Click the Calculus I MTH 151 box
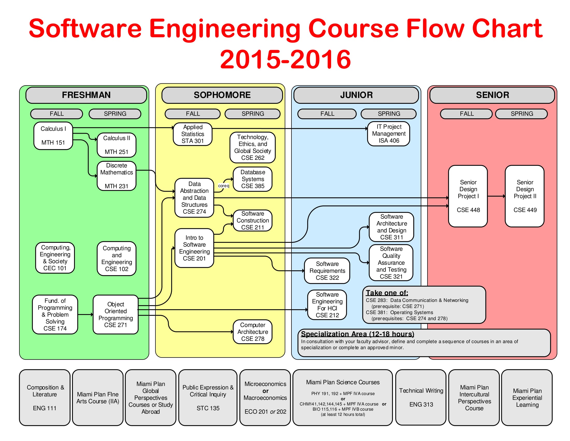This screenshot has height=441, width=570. point(53,136)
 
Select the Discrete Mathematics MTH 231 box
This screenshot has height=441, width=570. point(116,176)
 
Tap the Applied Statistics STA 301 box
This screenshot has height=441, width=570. point(193,134)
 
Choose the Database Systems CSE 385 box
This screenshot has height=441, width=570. point(252,179)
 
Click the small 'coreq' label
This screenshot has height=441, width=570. point(223,186)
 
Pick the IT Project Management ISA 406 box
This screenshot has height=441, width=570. point(388,134)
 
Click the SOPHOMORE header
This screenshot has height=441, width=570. point(222,95)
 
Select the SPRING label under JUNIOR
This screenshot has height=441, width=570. point(388,114)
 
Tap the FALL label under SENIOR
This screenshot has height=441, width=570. point(466,114)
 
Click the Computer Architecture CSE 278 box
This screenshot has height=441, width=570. point(252,332)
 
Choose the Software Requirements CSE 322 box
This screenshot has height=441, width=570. point(327,271)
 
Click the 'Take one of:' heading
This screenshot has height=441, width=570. point(387,293)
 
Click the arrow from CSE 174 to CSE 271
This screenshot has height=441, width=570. point(85,315)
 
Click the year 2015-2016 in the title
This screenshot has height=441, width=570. point(285,60)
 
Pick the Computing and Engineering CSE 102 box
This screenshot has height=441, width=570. point(116,258)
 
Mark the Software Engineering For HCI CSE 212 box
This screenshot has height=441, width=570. point(327,305)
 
